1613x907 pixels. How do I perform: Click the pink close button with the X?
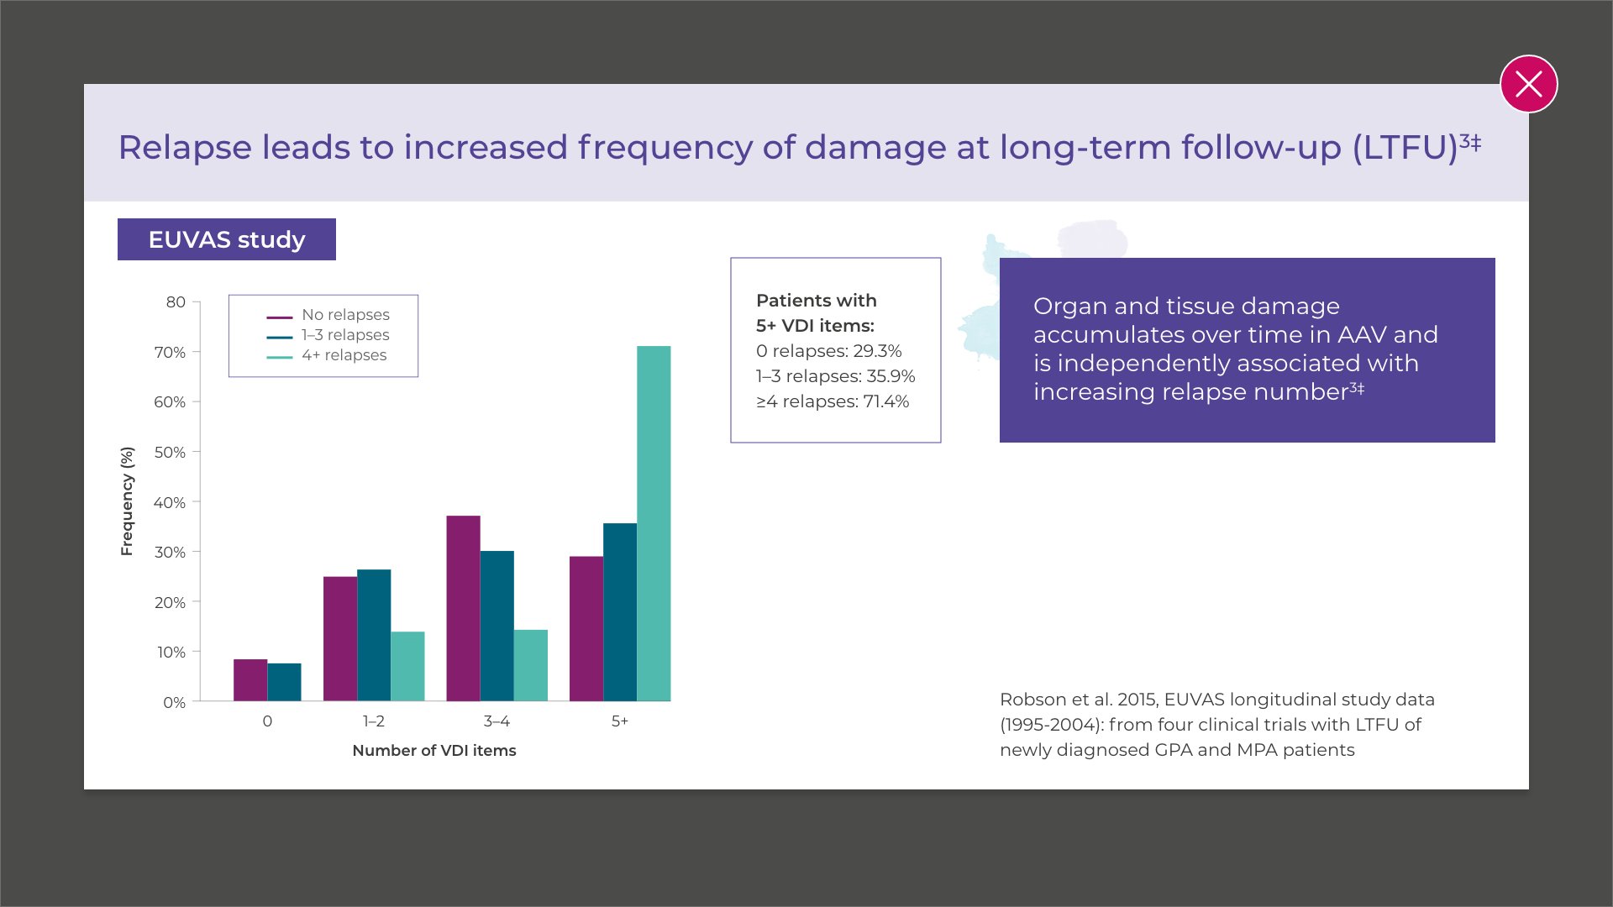(x=1528, y=84)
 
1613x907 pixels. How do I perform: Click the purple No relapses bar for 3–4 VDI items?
(x=463, y=608)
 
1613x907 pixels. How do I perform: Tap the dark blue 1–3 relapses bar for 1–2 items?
(x=374, y=635)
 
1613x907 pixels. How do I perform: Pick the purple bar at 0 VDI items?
(x=250, y=680)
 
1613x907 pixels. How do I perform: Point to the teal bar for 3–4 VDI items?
(x=530, y=665)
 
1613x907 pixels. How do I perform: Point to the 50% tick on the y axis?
(x=170, y=453)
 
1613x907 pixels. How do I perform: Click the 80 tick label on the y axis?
(x=176, y=302)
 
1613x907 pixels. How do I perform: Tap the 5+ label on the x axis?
(x=620, y=721)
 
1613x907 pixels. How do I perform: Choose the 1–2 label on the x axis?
(x=374, y=721)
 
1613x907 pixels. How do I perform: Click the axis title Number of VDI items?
(x=434, y=751)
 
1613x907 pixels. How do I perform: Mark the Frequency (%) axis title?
(x=127, y=501)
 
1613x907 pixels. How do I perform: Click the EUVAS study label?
(x=227, y=239)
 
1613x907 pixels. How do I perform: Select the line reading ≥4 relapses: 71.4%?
(x=833, y=401)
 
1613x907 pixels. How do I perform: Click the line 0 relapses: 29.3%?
(x=828, y=351)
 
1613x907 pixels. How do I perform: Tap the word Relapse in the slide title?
(x=185, y=148)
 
